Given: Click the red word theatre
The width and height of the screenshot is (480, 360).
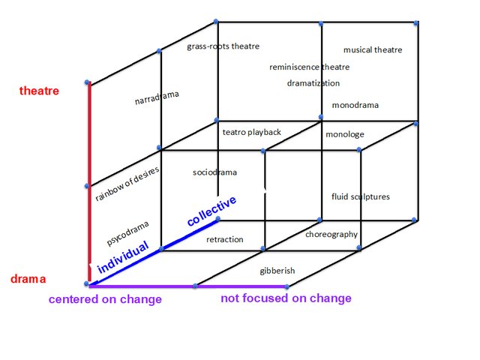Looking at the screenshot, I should (39, 91).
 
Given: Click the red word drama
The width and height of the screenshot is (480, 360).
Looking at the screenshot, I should (28, 279).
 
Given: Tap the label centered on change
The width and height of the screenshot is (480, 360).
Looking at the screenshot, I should (105, 299).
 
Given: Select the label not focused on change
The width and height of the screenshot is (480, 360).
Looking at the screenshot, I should (286, 298).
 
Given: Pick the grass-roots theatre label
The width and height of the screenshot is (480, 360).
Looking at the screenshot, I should (223, 46).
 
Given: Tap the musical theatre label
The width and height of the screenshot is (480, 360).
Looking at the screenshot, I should (373, 50).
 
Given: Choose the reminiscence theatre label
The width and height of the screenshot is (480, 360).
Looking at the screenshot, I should (310, 67).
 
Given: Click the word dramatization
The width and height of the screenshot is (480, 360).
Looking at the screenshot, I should (313, 83).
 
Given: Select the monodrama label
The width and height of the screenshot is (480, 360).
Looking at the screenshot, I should (355, 105).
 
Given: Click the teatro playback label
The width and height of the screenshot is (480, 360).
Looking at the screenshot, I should (252, 132).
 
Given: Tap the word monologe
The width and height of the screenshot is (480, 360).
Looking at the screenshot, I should (345, 134).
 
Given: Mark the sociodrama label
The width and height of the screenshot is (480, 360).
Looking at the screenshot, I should (214, 172).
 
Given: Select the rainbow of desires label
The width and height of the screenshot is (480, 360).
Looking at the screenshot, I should (127, 184).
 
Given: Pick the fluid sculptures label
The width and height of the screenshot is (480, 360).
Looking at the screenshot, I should (361, 196).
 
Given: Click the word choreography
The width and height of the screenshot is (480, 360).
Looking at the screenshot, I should (331, 235).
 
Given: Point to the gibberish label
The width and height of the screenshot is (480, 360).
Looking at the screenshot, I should (277, 270).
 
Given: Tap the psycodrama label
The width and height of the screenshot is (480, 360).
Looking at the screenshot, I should (127, 232).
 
